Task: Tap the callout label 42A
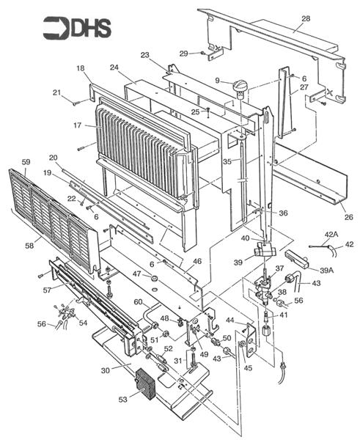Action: [x=331, y=234]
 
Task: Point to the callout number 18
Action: [x=80, y=68]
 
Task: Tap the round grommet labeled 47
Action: [x=155, y=279]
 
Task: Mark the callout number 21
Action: [x=56, y=92]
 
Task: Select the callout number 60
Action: [x=137, y=302]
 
